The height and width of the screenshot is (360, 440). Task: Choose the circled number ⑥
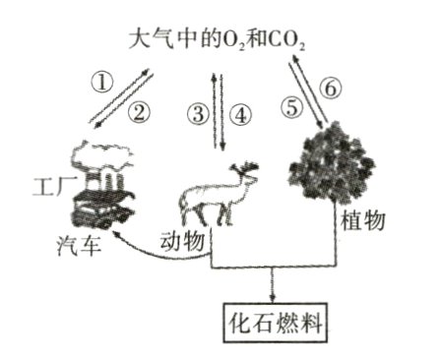pos(331,88)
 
